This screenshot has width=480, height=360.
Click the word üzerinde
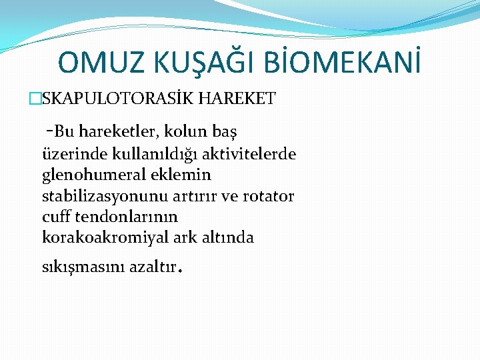(69, 155)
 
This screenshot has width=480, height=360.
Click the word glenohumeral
(89, 175)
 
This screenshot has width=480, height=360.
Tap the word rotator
(269, 197)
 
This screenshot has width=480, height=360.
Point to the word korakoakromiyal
(98, 238)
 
